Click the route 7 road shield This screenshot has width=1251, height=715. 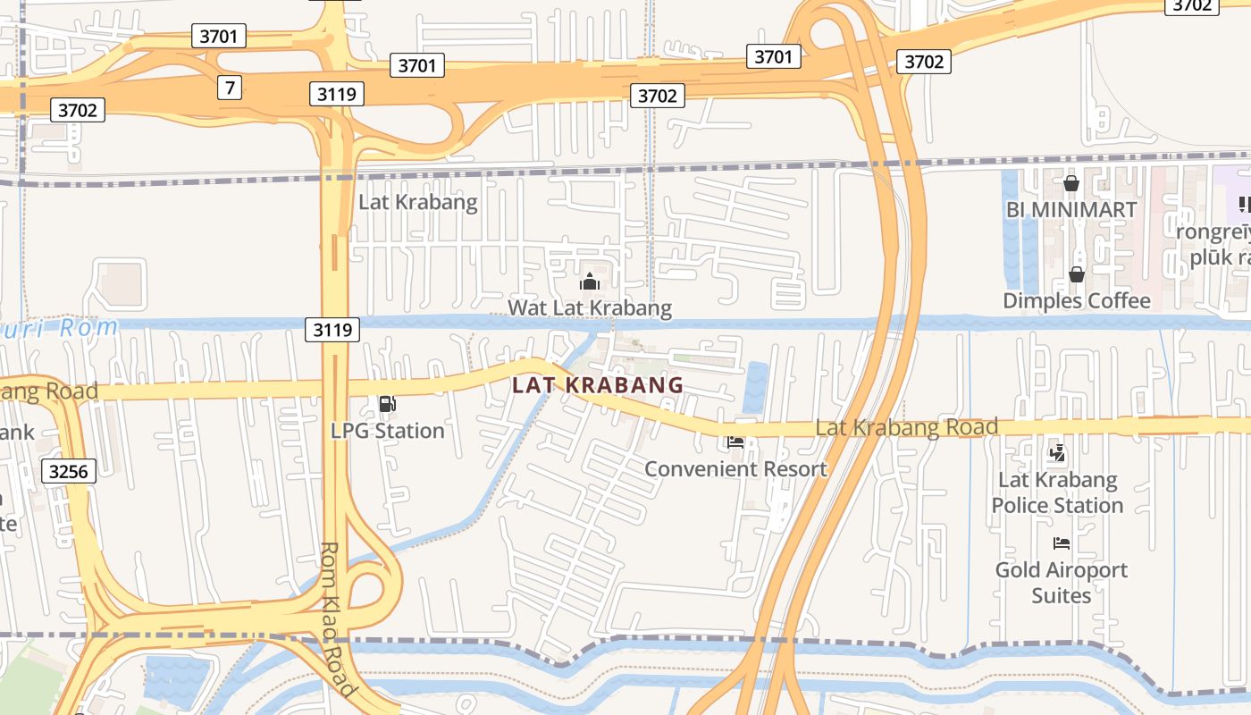231,88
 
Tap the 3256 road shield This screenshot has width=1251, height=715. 69,471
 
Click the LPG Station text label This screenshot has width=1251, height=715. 387,431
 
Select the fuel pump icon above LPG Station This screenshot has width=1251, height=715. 387,405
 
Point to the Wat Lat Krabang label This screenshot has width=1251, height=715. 590,308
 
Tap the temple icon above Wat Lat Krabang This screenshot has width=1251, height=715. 590,282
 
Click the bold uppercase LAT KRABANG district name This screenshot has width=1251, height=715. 598,385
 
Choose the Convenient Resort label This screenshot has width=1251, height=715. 735,468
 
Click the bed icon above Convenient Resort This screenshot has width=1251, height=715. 735,442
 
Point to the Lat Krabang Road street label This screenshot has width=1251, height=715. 906,427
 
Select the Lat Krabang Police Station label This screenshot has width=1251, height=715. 1057,492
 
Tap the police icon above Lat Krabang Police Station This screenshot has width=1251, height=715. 1057,453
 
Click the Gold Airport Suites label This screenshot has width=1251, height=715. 1062,582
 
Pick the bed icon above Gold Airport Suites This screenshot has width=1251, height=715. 1062,543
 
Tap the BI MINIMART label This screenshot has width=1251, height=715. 1070,210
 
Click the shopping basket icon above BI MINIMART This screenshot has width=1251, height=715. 1070,184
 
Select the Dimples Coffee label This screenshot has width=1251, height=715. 1077,300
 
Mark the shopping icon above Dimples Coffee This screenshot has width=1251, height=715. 1077,274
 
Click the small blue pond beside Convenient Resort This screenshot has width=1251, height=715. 755,387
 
